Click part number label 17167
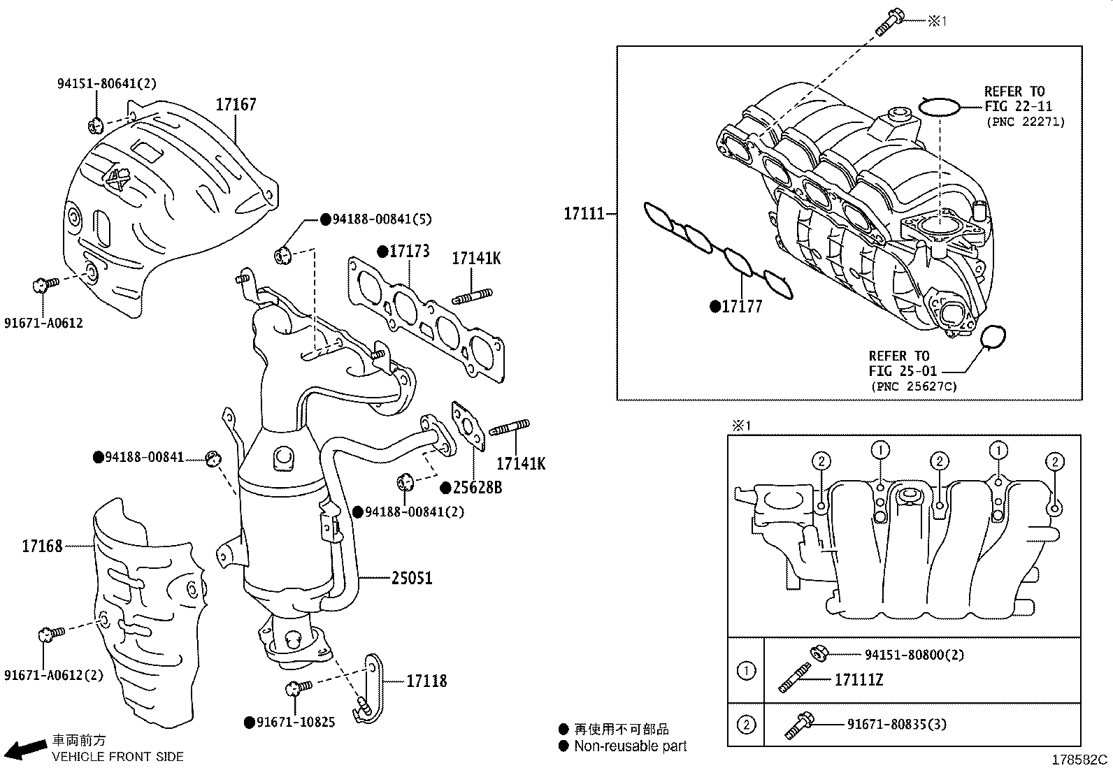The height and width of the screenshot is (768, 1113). (236, 105)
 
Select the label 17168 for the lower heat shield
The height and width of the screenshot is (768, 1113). (42, 546)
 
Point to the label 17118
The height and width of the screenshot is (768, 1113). (426, 681)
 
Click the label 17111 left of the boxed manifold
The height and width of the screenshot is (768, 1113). (584, 213)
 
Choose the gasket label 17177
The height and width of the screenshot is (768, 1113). (741, 306)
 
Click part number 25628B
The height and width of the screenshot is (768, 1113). (477, 487)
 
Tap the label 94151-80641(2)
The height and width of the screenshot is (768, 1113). (106, 84)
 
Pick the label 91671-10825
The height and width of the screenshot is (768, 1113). (295, 722)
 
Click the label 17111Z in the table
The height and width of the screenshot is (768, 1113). (859, 679)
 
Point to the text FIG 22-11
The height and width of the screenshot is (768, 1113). (1018, 106)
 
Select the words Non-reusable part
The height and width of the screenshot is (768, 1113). (630, 746)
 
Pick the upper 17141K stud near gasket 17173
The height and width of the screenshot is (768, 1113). (473, 296)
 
